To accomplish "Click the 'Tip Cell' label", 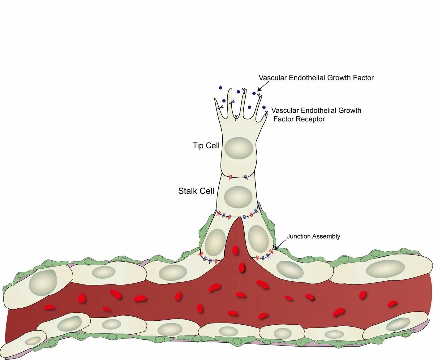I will tap(206, 145).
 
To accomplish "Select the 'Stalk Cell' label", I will tap(196, 191).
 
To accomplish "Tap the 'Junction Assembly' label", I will tap(313, 236).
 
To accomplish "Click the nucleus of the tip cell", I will tap(238, 148).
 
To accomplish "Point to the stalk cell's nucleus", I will tap(238, 197).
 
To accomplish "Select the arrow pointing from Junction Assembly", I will tap(280, 245).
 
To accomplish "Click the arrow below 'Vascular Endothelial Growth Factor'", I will tap(262, 87).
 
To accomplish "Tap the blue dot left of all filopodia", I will tap(221, 88).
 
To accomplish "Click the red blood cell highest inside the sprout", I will tap(235, 250).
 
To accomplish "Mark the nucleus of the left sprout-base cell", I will tap(215, 242).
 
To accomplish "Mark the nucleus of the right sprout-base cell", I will tap(259, 239).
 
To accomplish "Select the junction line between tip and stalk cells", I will tap(238, 177).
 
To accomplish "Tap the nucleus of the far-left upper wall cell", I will tap(43, 282).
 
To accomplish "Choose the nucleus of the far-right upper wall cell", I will tap(385, 269).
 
